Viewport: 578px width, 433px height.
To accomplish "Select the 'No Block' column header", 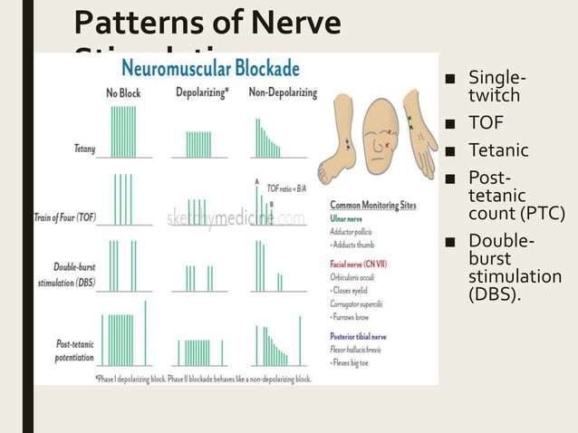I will click(x=122, y=92).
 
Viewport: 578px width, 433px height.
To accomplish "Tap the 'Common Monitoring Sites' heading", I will click(x=372, y=206).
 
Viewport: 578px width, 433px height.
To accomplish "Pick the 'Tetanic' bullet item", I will click(x=497, y=149).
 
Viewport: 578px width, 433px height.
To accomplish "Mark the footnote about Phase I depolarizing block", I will click(x=204, y=379).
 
